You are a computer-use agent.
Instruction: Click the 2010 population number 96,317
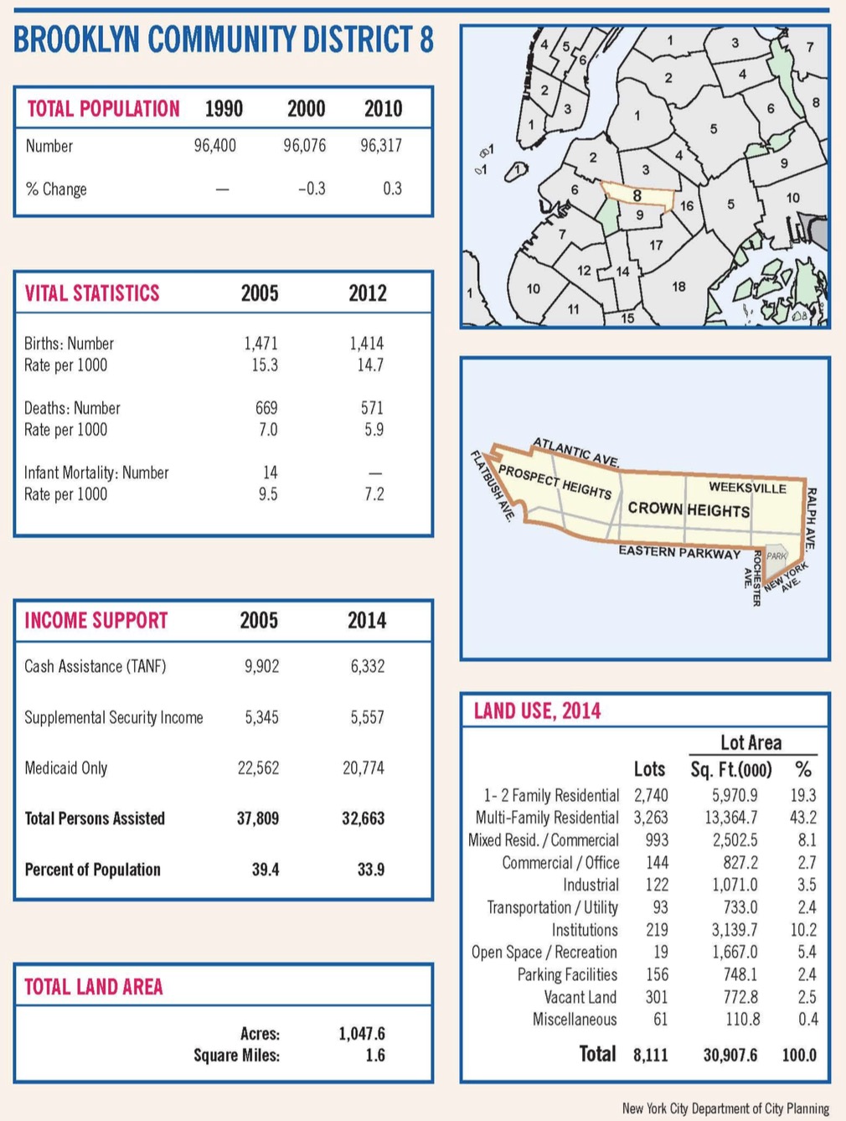[x=381, y=146]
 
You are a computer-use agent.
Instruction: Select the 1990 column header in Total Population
[x=224, y=109]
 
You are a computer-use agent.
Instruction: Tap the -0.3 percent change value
[x=312, y=189]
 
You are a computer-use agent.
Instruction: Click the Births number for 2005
[x=261, y=344]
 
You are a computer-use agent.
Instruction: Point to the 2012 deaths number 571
[x=372, y=407]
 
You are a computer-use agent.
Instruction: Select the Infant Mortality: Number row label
[x=96, y=473]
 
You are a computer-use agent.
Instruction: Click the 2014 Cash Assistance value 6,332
[x=367, y=666]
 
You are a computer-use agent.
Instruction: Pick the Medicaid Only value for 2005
[x=258, y=767]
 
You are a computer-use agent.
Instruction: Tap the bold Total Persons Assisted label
[x=95, y=819]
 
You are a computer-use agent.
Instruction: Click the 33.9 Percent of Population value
[x=371, y=869]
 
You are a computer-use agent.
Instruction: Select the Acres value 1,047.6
[x=362, y=1034]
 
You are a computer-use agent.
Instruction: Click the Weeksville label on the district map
[x=747, y=488]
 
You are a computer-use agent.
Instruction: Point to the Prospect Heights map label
[x=555, y=482]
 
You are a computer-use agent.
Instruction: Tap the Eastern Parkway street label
[x=679, y=552]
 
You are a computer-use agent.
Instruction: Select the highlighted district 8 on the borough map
[x=637, y=196]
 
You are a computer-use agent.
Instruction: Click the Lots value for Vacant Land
[x=657, y=997]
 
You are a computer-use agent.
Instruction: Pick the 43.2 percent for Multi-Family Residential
[x=803, y=818]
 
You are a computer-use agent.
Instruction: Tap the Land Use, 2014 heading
[x=537, y=711]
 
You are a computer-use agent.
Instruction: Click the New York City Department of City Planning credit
[x=725, y=1108]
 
